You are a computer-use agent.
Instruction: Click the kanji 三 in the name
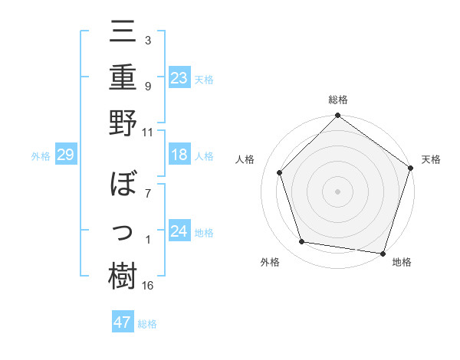(123, 34)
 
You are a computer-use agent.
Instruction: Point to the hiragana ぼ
(123, 186)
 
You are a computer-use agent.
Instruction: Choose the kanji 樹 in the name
(123, 276)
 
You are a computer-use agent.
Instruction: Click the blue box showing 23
(179, 77)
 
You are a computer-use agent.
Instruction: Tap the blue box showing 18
(179, 155)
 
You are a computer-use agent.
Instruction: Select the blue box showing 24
(179, 231)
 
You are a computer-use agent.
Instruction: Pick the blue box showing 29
(65, 155)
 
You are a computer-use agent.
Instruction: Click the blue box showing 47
(123, 322)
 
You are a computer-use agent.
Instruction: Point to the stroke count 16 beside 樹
(149, 286)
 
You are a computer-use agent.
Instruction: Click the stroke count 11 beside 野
(148, 132)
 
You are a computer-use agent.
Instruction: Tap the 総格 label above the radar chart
(337, 100)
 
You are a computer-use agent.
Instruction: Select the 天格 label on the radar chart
(431, 159)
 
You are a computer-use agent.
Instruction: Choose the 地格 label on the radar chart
(402, 262)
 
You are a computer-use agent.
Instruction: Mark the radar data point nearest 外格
(302, 242)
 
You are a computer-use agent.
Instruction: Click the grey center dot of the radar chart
(337, 191)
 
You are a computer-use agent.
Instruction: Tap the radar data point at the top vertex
(337, 117)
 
